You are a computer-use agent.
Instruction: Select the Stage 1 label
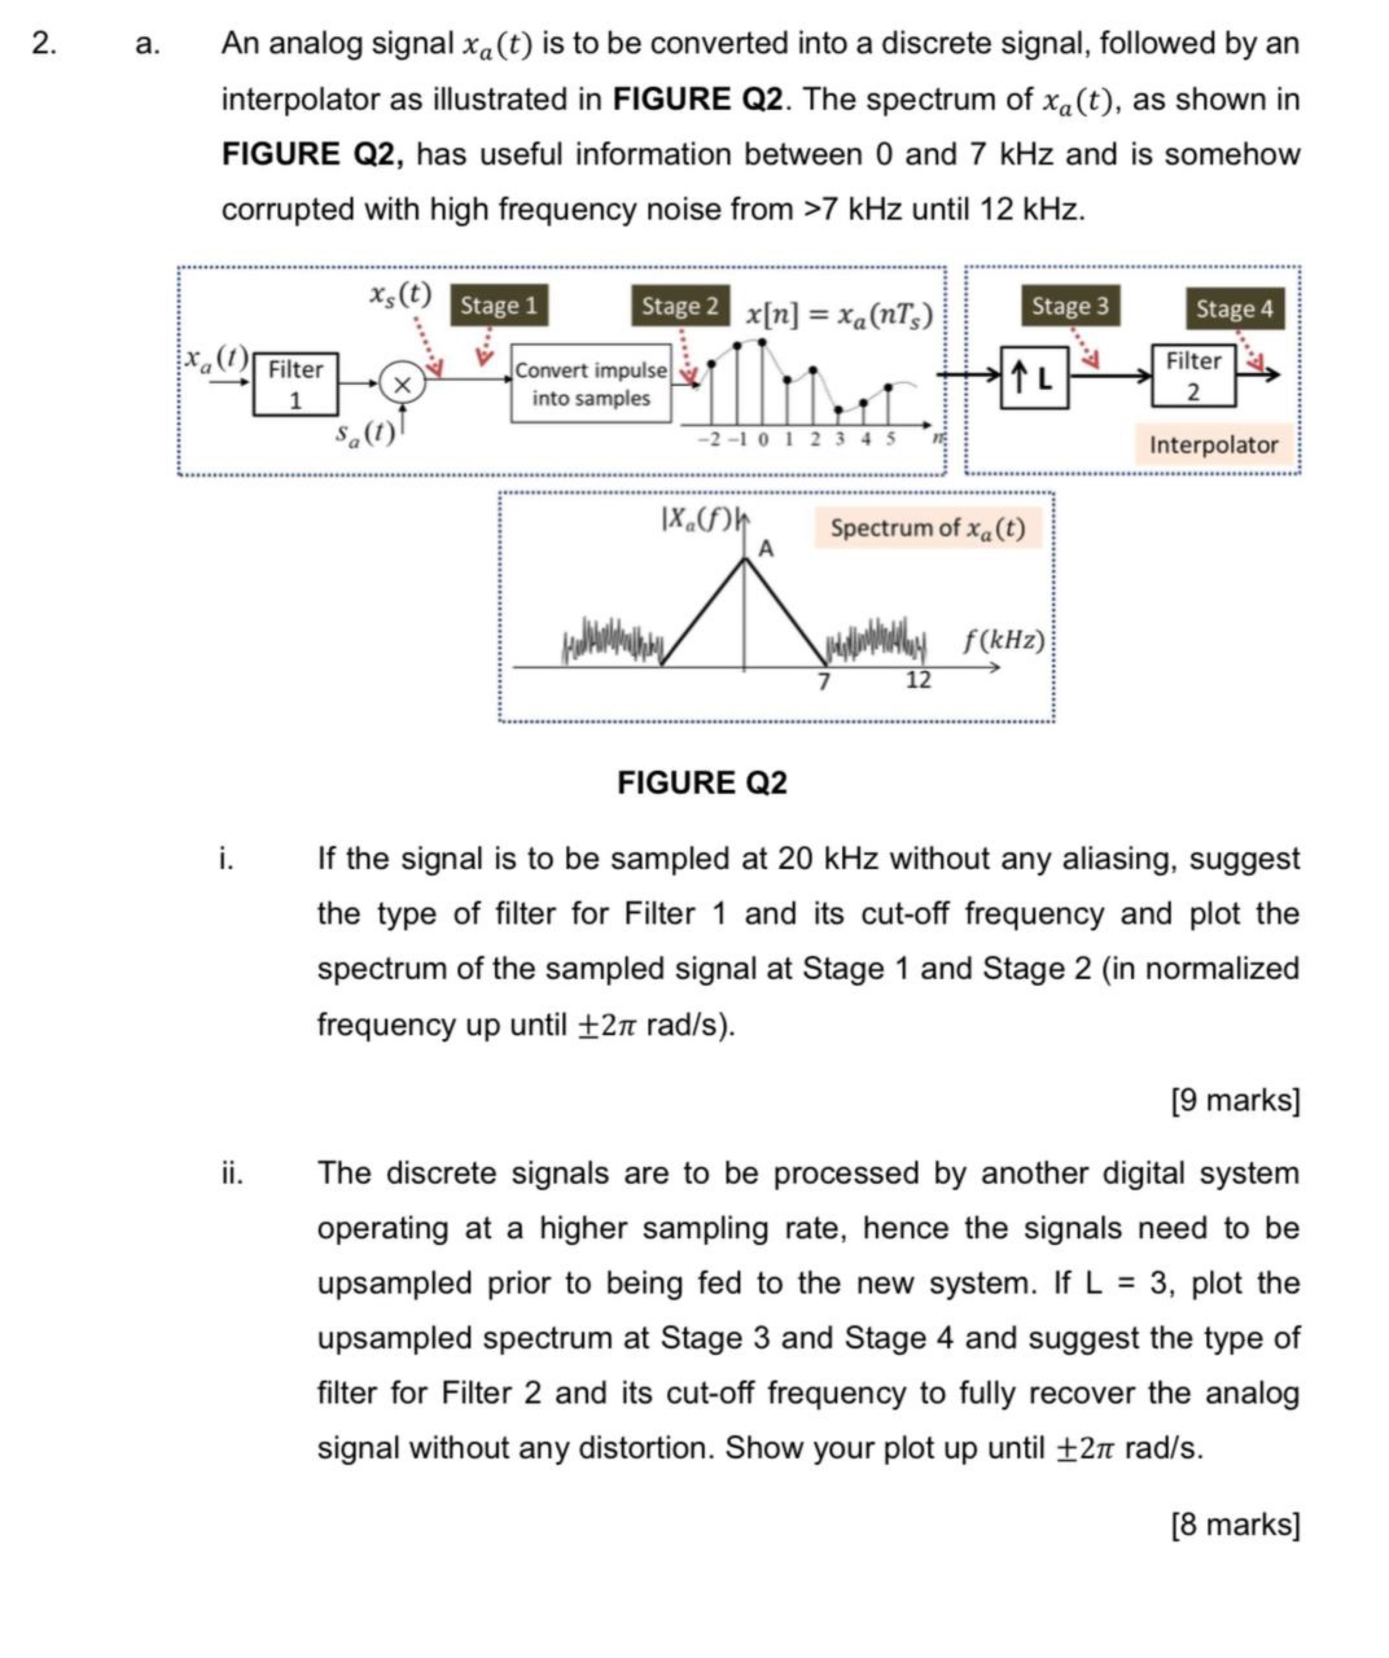point(498,306)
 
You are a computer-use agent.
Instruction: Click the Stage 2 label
point(680,306)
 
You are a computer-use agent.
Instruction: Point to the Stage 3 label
point(1069,306)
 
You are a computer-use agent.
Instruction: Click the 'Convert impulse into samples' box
point(591,384)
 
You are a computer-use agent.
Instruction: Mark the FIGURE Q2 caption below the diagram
point(701,782)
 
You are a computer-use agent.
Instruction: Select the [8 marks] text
point(1235,1524)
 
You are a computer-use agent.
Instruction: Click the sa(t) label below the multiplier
point(364,433)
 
